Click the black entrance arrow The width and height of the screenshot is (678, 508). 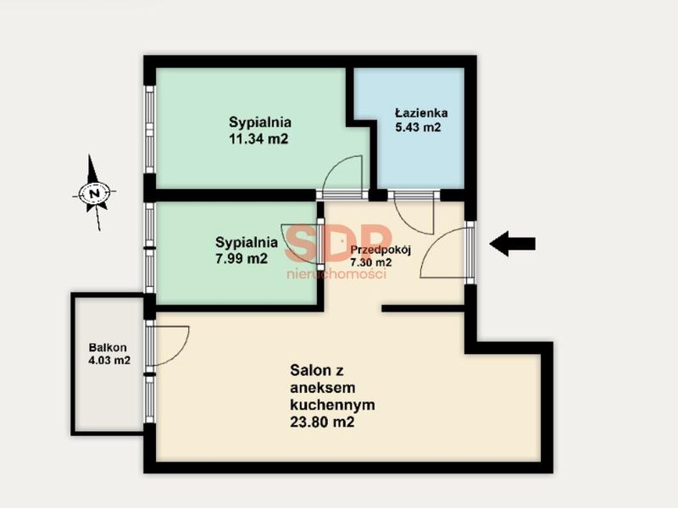[x=513, y=244]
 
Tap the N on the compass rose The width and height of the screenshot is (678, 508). [x=94, y=193]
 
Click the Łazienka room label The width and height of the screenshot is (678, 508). [x=421, y=113]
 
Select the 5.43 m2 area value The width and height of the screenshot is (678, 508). [x=418, y=128]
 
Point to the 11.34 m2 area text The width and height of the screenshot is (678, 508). [x=258, y=139]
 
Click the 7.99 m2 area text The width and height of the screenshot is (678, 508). [x=242, y=258]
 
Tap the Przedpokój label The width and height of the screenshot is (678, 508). [x=380, y=250]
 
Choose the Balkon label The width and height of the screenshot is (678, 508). [x=108, y=347]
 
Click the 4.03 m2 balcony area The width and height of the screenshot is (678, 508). [x=109, y=361]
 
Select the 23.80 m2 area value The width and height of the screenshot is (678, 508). [x=322, y=422]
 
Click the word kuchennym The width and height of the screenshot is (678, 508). [x=332, y=405]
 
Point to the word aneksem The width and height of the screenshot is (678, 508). [x=323, y=388]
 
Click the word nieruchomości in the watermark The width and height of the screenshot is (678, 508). [x=336, y=273]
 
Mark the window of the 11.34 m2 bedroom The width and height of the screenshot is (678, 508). [x=149, y=130]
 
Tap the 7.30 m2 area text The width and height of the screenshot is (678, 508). [x=371, y=262]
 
